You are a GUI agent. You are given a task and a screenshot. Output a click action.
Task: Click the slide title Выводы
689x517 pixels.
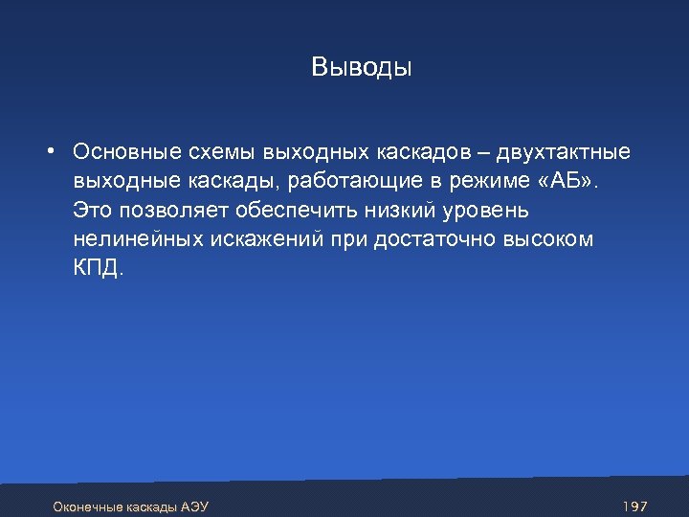click(361, 68)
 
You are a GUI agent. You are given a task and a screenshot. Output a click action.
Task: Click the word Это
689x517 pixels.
click(91, 210)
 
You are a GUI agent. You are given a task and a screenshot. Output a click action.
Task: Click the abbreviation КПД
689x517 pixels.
click(97, 268)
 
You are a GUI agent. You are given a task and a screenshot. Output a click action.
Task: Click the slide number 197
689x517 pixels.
click(634, 505)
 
